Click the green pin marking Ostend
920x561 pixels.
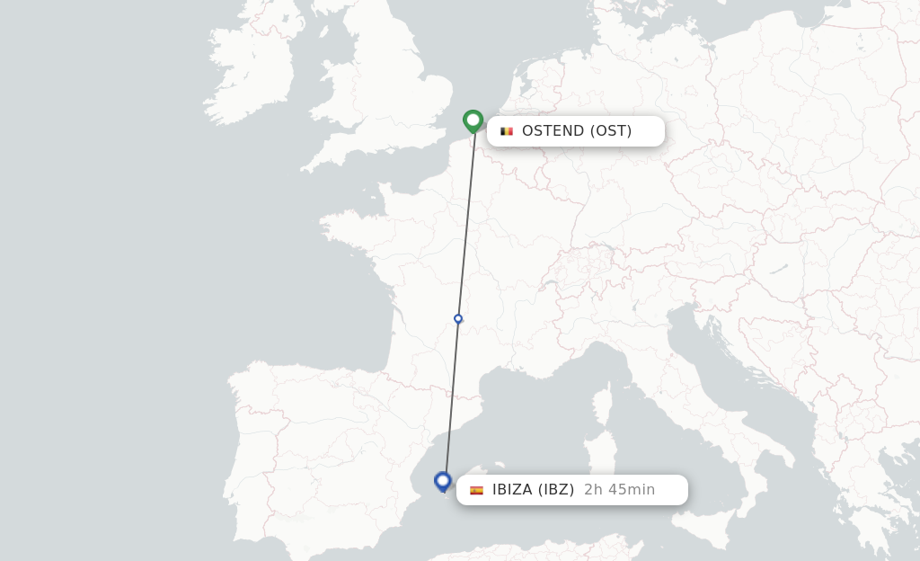[x=473, y=120]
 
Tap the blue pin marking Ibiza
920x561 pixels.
[x=442, y=481]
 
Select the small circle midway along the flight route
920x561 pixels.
[x=458, y=319]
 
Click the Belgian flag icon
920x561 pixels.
[x=507, y=131]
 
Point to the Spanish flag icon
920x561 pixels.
[x=476, y=490]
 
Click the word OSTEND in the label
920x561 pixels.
[x=553, y=131]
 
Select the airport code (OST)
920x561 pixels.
[x=611, y=131]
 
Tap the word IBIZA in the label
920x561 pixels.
[x=512, y=490]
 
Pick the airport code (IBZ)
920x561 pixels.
[x=556, y=490]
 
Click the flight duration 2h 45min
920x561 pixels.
[x=620, y=490]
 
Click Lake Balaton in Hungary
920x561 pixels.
[x=778, y=268]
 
